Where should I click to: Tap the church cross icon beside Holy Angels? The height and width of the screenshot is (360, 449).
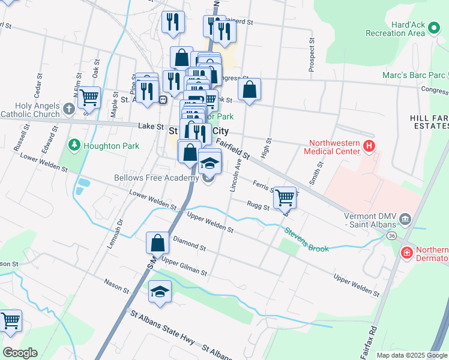tap(68, 109)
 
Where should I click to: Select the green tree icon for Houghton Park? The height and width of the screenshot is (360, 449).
tap(74, 145)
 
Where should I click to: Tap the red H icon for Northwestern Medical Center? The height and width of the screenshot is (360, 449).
tap(369, 145)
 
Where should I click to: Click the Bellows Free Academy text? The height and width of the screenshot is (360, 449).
tap(156, 178)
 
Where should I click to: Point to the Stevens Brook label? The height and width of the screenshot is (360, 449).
tap(306, 239)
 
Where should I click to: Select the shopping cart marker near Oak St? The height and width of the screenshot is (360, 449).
tap(89, 96)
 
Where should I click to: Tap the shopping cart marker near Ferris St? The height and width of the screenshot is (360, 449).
tap(285, 196)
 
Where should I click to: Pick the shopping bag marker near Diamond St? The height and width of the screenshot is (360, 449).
tap(157, 243)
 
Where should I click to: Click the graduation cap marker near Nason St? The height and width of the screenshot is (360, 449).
tap(160, 292)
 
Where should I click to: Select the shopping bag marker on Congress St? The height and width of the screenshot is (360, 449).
tap(249, 89)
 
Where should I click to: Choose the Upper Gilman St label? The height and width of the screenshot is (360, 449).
tap(184, 268)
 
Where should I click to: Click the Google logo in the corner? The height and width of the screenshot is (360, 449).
tap(20, 353)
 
